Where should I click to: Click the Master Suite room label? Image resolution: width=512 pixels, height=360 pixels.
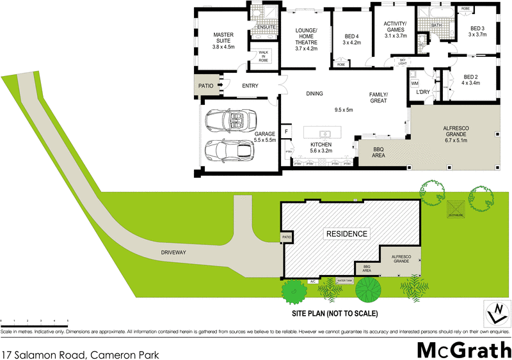coord(224,40)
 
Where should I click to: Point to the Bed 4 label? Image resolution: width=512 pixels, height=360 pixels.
coord(351,40)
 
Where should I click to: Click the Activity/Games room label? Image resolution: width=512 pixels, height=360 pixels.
coord(395,30)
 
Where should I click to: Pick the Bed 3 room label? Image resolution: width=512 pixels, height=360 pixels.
coord(477,31)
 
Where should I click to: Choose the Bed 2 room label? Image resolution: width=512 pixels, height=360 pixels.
coord(470,80)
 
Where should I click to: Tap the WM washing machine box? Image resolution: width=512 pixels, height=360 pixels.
coord(414,82)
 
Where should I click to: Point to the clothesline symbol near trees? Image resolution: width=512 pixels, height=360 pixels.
coord(455,208)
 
